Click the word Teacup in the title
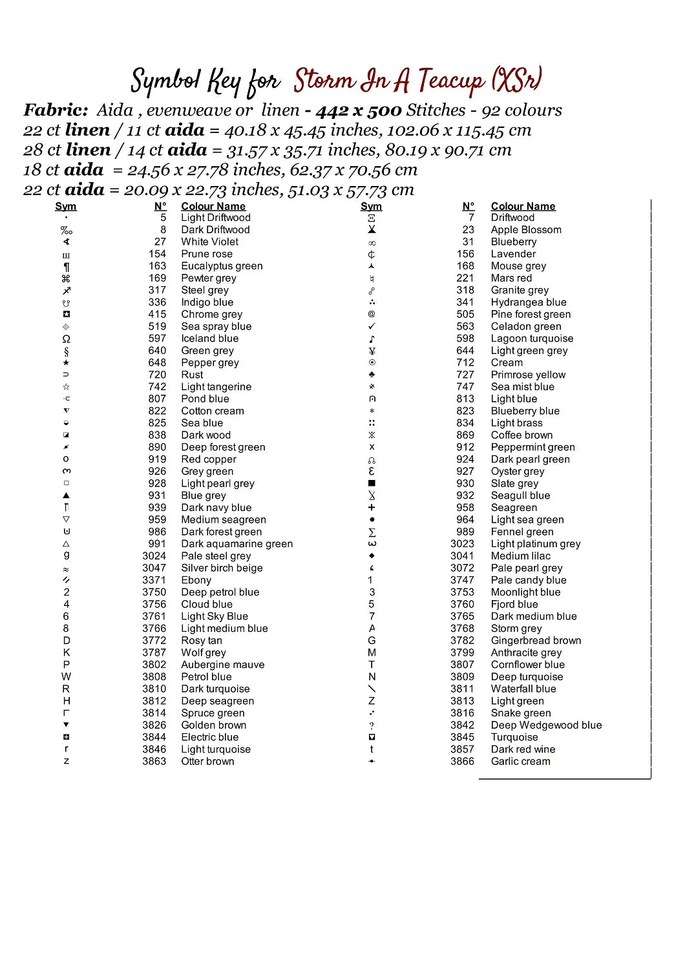[x=450, y=81]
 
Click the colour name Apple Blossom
[x=526, y=229]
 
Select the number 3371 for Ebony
[x=154, y=580]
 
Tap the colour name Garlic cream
[x=520, y=762]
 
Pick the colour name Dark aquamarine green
[x=237, y=544]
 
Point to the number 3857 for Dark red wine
[x=462, y=749]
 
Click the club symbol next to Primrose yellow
[x=372, y=375]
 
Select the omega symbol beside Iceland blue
[x=66, y=339]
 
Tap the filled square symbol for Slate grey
[x=372, y=483]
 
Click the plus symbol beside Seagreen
[x=372, y=508]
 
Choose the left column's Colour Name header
[x=213, y=206]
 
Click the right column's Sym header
[x=371, y=206]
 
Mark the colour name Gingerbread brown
[x=536, y=641]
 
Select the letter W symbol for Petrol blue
[x=66, y=676]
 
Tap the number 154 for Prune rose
[x=157, y=254]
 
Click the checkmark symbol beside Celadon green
[x=372, y=326]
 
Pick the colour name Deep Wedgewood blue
[x=546, y=725]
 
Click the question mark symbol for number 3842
[x=372, y=725]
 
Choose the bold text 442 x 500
[x=359, y=110]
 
